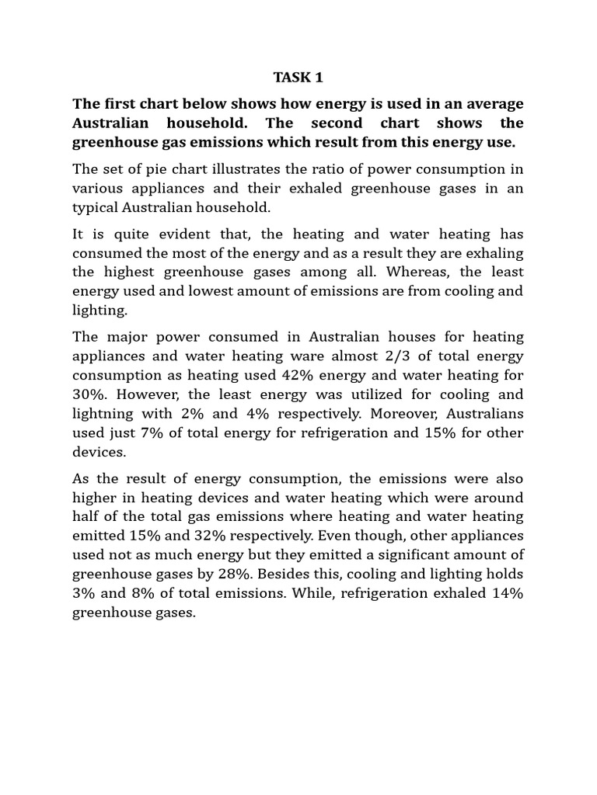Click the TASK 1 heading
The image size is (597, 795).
pos(297,77)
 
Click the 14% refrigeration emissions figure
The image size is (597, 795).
pos(503,592)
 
